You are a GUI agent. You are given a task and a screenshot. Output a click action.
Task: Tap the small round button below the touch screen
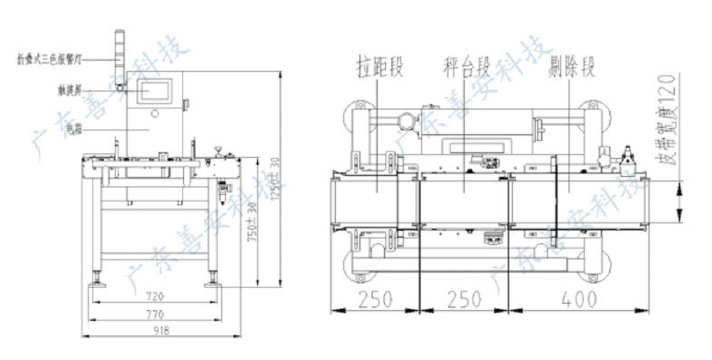click(154, 114)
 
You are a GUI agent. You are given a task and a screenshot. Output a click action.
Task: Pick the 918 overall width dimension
click(161, 331)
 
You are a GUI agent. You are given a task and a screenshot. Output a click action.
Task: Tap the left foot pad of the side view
click(99, 282)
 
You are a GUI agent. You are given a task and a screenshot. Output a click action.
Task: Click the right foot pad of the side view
click(212, 282)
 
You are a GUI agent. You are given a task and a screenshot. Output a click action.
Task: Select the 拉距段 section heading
click(379, 66)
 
